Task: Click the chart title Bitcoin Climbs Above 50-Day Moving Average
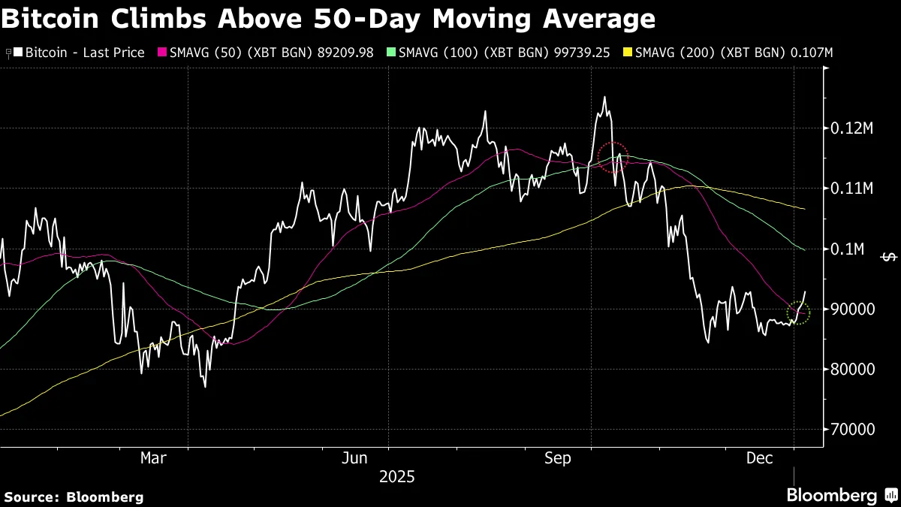(x=327, y=18)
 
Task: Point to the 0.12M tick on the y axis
(x=852, y=128)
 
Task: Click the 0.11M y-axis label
(x=852, y=189)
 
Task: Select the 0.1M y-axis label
(x=848, y=249)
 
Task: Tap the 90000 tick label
(x=851, y=309)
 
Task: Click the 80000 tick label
(x=851, y=369)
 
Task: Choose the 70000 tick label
(x=851, y=429)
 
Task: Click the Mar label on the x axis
(x=154, y=457)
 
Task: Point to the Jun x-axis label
(x=354, y=457)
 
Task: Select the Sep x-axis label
(x=558, y=457)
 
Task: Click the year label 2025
(x=396, y=477)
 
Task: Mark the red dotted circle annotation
(x=613, y=158)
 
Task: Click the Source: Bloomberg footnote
(x=74, y=496)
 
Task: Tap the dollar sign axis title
(x=889, y=257)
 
